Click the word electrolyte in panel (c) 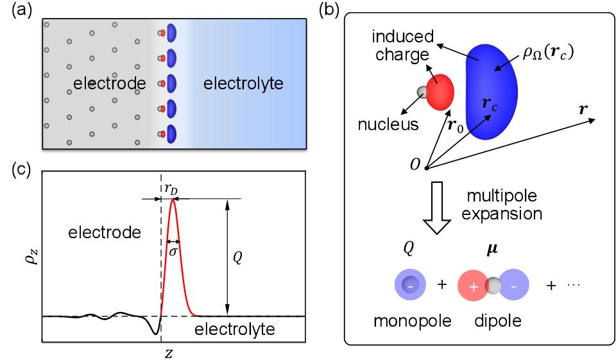pyautogui.click(x=235, y=330)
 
